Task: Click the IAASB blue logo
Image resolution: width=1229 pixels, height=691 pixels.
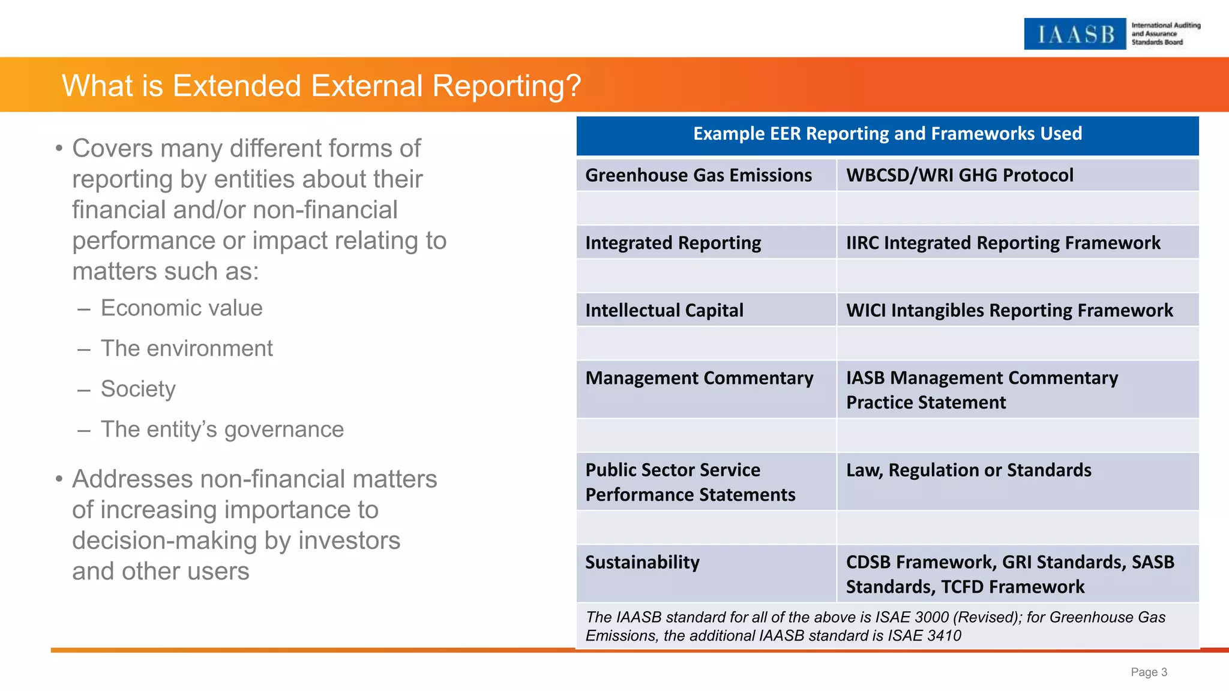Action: click(x=1074, y=34)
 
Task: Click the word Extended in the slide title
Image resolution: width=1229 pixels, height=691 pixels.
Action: click(x=236, y=86)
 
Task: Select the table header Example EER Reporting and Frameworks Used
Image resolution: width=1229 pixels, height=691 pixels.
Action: click(x=887, y=134)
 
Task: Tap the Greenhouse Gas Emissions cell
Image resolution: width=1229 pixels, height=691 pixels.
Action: click(x=699, y=175)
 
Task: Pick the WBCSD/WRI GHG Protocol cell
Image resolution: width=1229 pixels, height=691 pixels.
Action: click(x=959, y=175)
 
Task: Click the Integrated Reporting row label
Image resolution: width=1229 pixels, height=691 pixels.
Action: click(x=673, y=243)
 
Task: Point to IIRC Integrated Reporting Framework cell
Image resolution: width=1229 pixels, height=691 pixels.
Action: click(x=1003, y=243)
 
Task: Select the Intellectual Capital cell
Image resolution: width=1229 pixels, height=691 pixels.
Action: click(x=664, y=311)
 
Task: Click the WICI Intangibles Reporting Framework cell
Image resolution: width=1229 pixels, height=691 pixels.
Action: click(x=1009, y=311)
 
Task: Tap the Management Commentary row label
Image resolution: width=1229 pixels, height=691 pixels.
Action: click(x=699, y=378)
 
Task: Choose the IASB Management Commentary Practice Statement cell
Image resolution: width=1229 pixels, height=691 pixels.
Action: click(x=982, y=390)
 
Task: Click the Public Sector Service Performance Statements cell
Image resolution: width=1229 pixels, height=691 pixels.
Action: click(x=690, y=482)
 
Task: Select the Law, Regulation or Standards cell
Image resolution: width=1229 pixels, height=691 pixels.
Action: click(x=968, y=470)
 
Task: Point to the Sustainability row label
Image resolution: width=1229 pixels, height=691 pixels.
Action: click(x=642, y=563)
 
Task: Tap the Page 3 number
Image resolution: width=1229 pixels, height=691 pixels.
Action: click(x=1149, y=672)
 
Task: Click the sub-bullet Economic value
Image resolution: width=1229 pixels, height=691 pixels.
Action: click(x=181, y=308)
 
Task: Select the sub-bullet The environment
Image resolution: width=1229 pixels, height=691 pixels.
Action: click(x=186, y=348)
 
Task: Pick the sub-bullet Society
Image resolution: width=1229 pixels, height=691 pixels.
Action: click(x=138, y=389)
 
